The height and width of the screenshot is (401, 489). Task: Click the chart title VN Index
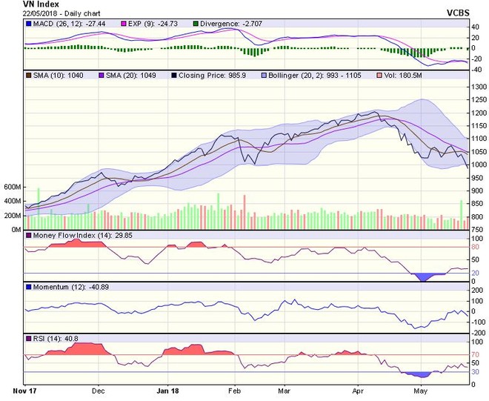(23, 4)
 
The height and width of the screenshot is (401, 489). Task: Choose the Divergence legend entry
(222, 24)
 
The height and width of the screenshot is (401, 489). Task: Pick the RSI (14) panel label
(49, 338)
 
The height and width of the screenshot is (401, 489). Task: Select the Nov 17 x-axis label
(24, 388)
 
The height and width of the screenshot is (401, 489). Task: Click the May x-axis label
(420, 388)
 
